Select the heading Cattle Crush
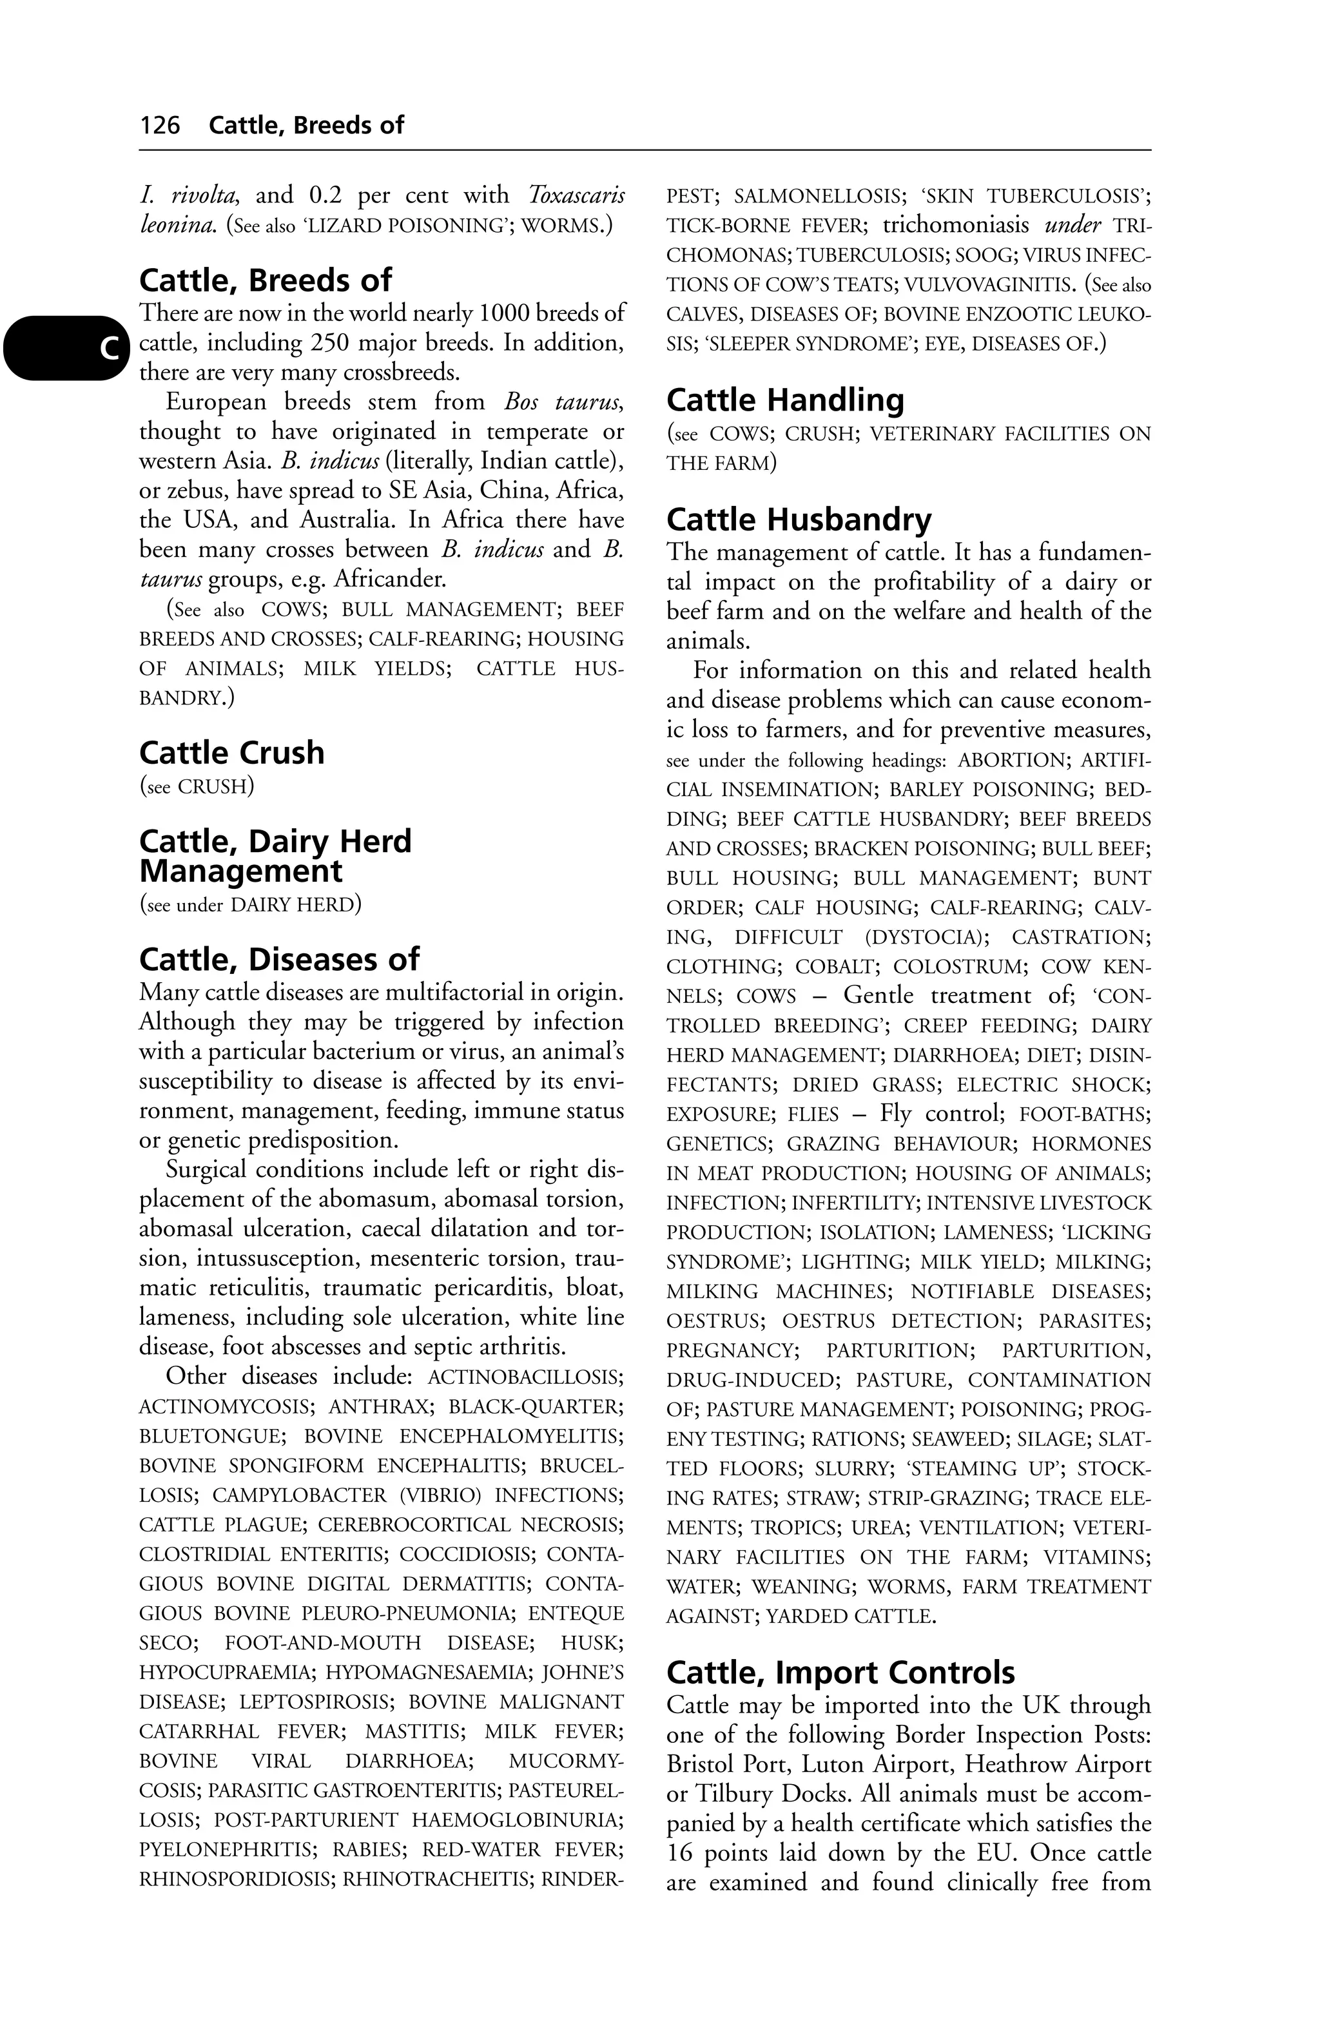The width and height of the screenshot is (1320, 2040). [231, 753]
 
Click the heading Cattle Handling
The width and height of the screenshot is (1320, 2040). [784, 400]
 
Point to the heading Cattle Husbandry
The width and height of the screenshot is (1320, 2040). [798, 520]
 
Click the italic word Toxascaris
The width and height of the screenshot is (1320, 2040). [576, 195]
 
